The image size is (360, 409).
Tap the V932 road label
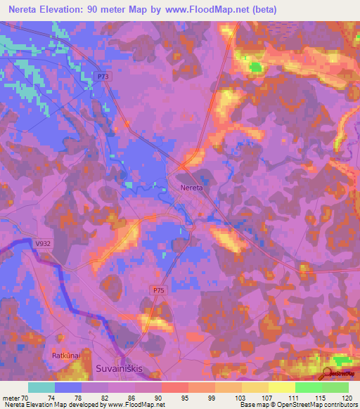[44, 243]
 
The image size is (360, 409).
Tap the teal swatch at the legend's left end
[41, 387]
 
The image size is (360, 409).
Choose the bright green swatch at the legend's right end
[335, 387]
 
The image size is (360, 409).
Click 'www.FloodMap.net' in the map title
[212, 10]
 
